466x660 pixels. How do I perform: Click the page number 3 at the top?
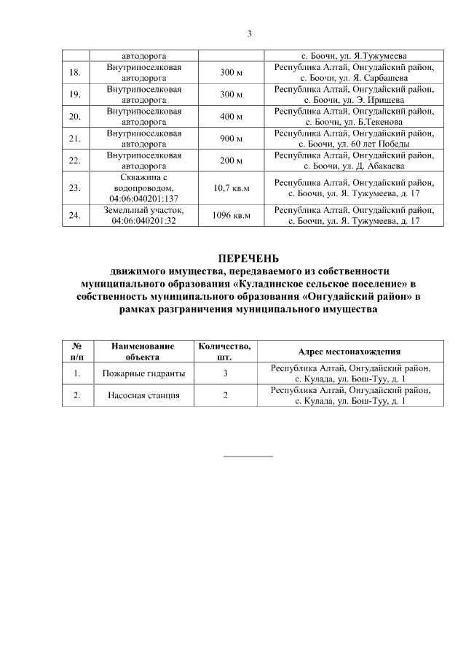pos(249,34)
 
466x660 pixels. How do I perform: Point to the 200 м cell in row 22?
pos(230,160)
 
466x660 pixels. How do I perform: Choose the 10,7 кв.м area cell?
pos(230,188)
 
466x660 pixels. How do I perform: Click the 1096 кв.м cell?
pos(230,216)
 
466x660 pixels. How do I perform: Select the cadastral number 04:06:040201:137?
pos(143,198)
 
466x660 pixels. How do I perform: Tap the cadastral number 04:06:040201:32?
pos(143,221)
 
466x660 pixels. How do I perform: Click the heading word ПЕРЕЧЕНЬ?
pos(249,258)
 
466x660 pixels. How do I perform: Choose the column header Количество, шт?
pos(226,352)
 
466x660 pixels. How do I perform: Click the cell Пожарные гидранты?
pos(143,374)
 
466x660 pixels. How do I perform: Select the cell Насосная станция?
pos(143,396)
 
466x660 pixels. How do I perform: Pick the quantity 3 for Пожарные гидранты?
pos(226,374)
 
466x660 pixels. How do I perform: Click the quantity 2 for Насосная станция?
pos(226,396)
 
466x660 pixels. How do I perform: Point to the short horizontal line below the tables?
pos(248,456)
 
